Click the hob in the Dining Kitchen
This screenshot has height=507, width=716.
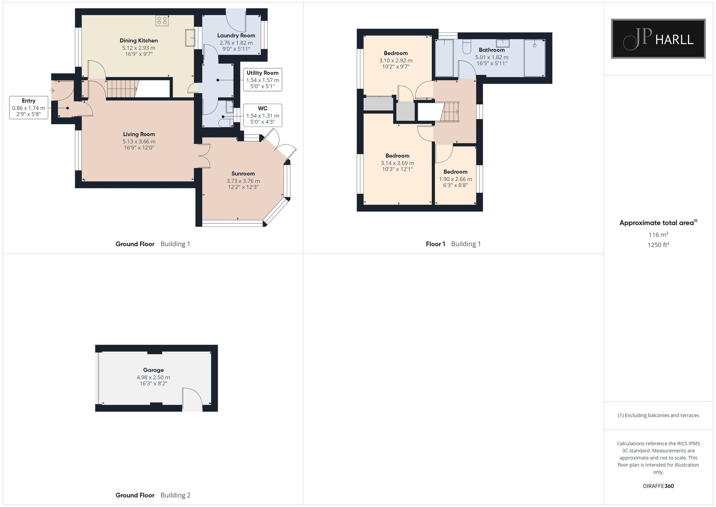pos(162,21)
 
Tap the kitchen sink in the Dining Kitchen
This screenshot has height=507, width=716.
pos(190,38)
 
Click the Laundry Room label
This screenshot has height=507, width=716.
pos(236,35)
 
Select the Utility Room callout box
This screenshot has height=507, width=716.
pos(262,80)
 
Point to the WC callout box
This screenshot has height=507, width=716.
pos(262,115)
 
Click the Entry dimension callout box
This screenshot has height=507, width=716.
pos(29,107)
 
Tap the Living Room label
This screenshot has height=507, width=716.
pos(139,134)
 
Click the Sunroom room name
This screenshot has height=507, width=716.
pos(243,174)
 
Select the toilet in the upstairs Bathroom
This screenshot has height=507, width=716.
pos(467,47)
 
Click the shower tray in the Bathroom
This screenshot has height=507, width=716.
pos(534,58)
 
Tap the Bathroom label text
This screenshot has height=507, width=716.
pos(492,50)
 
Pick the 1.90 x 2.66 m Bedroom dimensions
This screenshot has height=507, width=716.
pos(455,179)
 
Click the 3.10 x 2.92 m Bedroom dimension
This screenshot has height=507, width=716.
pos(396,61)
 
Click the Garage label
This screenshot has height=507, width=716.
pos(153,370)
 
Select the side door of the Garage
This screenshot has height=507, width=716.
pos(192,399)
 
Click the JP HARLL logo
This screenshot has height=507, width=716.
pos(658,39)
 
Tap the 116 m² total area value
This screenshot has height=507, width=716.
pos(658,235)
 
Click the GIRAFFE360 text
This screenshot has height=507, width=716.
pos(658,486)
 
